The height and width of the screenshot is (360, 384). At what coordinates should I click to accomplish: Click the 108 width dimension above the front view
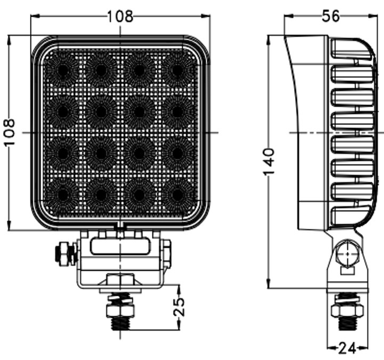click(x=120, y=16)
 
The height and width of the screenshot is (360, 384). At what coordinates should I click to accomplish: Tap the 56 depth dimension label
click(x=331, y=16)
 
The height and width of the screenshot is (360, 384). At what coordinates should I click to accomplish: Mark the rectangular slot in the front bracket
click(x=120, y=246)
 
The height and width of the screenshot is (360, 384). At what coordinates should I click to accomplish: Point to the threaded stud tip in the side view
click(x=347, y=324)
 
